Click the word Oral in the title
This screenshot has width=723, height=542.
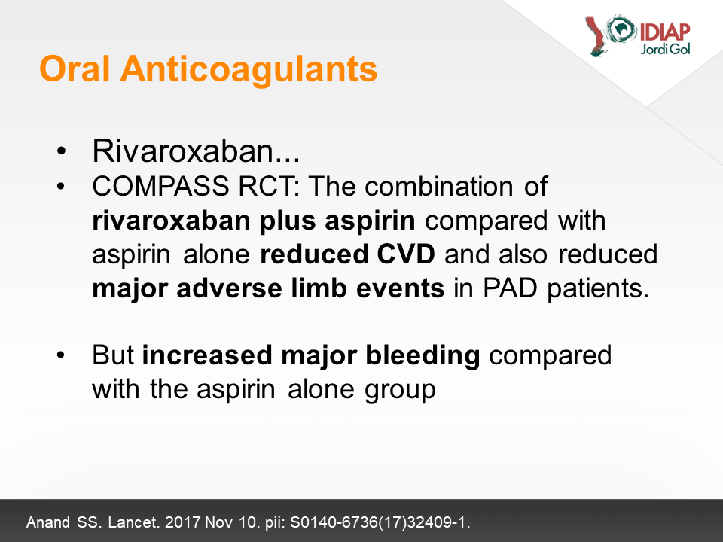[75, 69]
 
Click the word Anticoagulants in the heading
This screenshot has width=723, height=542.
[249, 70]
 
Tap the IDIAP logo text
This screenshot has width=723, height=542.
[664, 32]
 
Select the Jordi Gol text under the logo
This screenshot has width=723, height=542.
[665, 49]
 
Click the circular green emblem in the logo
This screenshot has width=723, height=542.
[621, 29]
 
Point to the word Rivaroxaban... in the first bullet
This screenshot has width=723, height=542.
[196, 151]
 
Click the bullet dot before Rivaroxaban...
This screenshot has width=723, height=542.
[61, 151]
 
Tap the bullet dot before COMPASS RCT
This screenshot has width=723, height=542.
[61, 187]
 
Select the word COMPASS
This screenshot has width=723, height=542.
[160, 186]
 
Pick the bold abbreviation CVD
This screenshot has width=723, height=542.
[406, 254]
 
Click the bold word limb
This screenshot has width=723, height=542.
[319, 288]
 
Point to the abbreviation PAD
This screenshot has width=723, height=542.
[510, 288]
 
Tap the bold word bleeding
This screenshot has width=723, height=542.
[423, 356]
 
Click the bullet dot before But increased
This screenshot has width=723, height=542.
[61, 355]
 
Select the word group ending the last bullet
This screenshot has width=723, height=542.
[400, 391]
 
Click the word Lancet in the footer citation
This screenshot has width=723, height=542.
[134, 522]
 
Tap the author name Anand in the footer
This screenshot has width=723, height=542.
[48, 522]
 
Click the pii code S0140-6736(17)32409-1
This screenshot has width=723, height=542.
[380, 522]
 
